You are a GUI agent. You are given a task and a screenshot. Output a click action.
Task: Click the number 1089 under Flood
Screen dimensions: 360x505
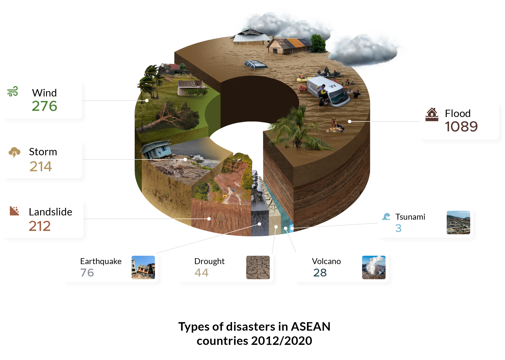click(x=461, y=127)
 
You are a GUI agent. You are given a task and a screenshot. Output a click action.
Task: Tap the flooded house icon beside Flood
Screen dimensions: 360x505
click(x=432, y=114)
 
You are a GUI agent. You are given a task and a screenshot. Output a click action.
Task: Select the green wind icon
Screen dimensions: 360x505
click(x=13, y=91)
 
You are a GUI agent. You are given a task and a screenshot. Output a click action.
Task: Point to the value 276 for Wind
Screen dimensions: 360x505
click(x=44, y=106)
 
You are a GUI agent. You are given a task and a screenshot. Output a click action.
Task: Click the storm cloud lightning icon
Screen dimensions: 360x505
click(x=14, y=152)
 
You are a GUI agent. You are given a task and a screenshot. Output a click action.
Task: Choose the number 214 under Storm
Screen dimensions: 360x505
click(x=41, y=166)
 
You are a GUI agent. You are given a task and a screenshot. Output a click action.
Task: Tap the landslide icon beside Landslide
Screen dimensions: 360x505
click(x=14, y=211)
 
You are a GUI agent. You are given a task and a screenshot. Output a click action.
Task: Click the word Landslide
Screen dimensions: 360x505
click(x=51, y=212)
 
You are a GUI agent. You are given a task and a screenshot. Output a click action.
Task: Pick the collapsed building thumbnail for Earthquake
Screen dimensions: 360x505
click(x=143, y=267)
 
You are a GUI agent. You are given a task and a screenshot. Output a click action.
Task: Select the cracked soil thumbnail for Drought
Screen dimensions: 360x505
click(x=258, y=267)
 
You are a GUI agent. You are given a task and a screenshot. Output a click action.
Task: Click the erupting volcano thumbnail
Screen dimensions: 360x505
click(x=374, y=267)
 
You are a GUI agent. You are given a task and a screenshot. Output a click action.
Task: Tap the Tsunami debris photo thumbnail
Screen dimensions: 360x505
click(x=458, y=222)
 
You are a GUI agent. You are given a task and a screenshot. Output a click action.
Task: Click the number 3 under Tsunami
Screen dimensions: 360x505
click(x=398, y=228)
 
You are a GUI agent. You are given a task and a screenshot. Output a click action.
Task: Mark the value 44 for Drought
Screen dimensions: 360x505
click(x=201, y=273)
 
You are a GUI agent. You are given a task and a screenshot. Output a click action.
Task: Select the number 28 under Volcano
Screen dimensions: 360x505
click(x=320, y=273)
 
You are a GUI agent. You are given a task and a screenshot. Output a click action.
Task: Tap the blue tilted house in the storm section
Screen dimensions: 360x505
click(x=156, y=149)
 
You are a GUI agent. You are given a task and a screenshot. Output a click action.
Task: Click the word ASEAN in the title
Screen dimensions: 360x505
click(x=310, y=327)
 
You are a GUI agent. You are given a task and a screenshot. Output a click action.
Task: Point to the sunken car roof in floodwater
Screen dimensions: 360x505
click(x=255, y=64)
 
